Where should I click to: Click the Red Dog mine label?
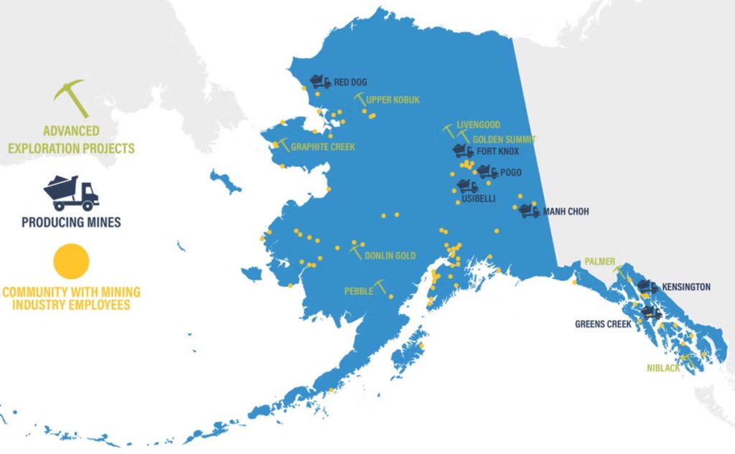(350, 82)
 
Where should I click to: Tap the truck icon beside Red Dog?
(320, 82)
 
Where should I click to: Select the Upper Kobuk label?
(393, 100)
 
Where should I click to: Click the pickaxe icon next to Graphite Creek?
(281, 143)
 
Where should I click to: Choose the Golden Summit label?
(504, 139)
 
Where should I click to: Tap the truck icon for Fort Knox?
(463, 151)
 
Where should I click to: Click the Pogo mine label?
(511, 172)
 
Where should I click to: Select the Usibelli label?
(478, 199)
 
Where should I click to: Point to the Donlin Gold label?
(390, 256)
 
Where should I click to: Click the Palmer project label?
(599, 262)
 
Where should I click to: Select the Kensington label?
(686, 287)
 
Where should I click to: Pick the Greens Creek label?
(603, 324)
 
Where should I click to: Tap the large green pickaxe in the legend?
(72, 98)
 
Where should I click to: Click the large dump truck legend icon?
(71, 192)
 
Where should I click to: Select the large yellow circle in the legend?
(72, 260)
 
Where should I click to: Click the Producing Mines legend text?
(71, 222)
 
